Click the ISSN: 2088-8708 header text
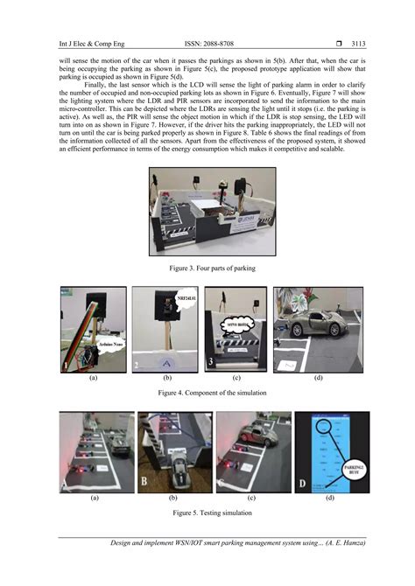[207, 41]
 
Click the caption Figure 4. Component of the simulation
[207, 394]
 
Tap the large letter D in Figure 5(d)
[303, 482]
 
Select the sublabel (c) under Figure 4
[236, 380]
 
